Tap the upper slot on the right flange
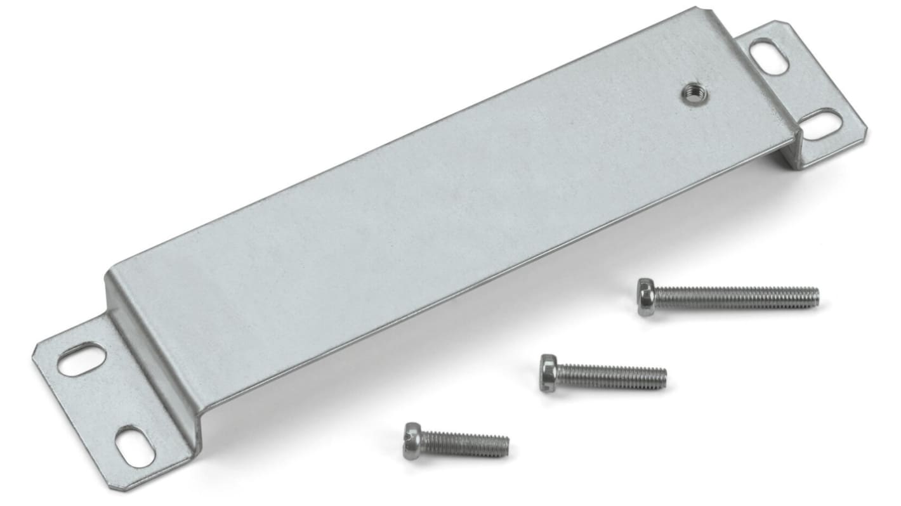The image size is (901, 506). tap(769, 56)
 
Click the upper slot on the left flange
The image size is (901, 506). tap(82, 359)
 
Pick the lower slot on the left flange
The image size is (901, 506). tap(135, 448)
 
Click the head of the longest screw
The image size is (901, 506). tap(646, 297)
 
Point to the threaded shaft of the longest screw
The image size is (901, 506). tap(736, 297)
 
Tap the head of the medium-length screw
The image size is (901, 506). tap(548, 373)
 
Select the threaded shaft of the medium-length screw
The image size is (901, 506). tap(610, 377)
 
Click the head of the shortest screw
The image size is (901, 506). tap(412, 441)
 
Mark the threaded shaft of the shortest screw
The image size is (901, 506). tap(464, 443)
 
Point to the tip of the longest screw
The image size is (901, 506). tap(817, 296)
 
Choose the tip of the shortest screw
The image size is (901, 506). tap(508, 446)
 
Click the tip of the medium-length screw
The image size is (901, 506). tap(665, 378)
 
